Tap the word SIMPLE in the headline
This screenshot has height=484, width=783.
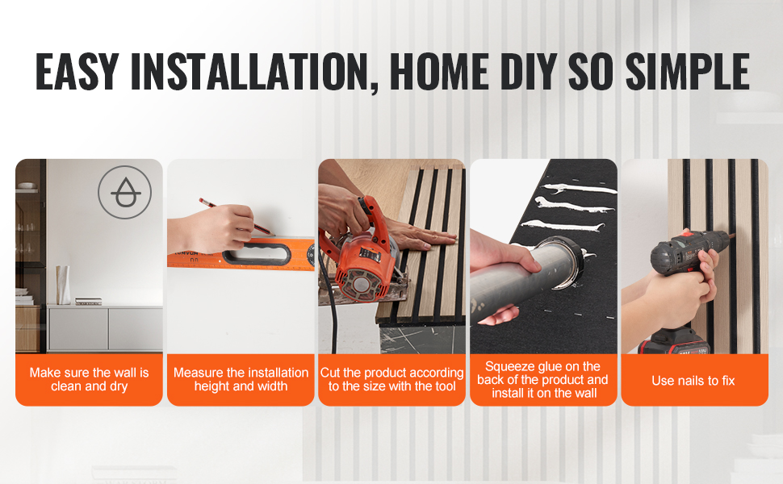click(x=687, y=71)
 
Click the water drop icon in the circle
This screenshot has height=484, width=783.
click(x=125, y=193)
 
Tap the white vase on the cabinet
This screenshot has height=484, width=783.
click(x=63, y=285)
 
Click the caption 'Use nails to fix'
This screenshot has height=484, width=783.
click(x=693, y=381)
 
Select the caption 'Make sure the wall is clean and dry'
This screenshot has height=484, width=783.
click(x=90, y=379)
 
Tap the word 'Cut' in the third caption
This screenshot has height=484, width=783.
click(x=330, y=373)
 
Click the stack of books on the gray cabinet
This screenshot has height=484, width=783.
click(x=88, y=302)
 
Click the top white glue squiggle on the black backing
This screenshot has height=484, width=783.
click(x=580, y=189)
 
